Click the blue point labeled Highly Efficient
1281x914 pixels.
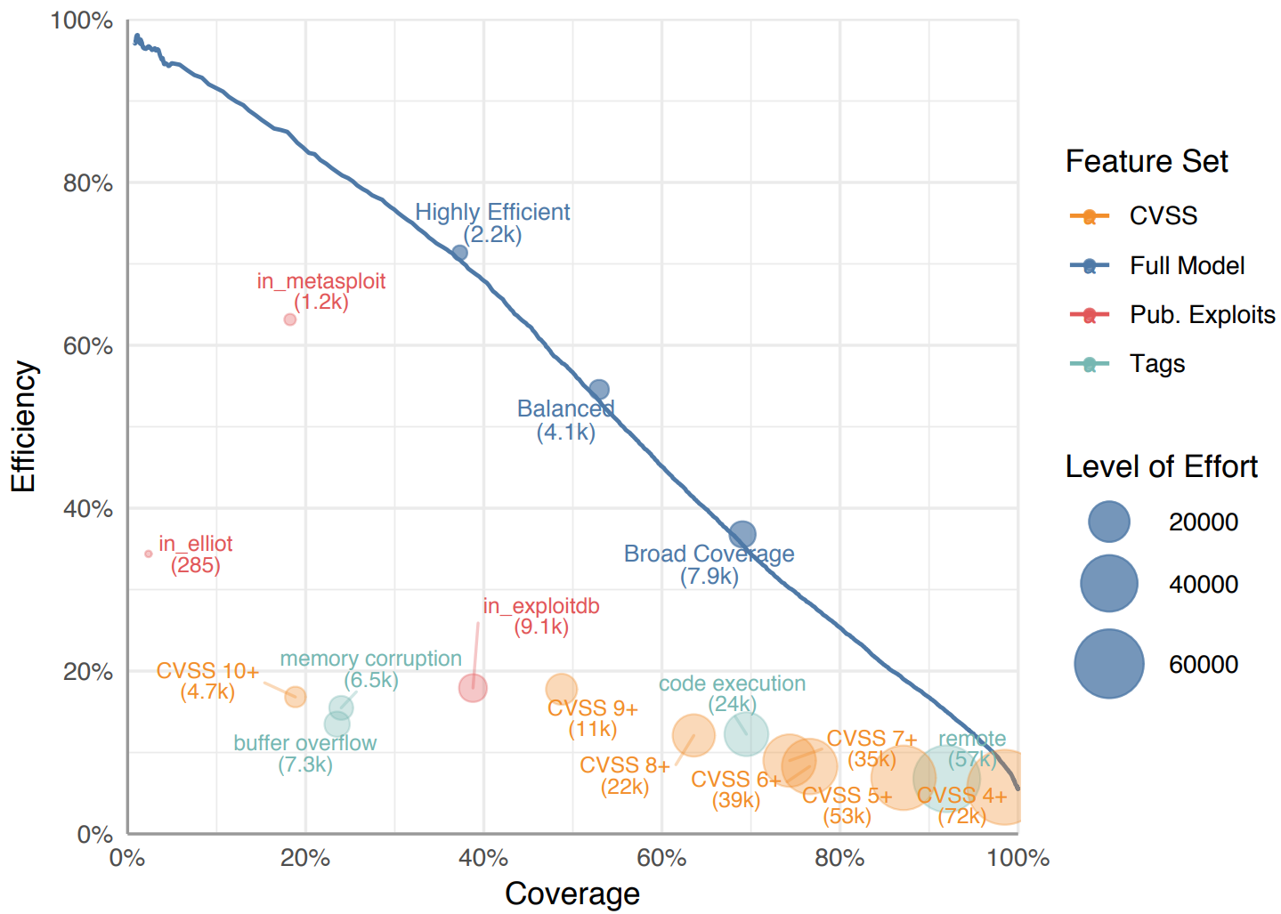coord(459,253)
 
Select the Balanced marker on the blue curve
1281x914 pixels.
coord(599,390)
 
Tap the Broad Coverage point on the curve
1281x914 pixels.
coord(742,534)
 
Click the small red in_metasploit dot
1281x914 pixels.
coord(289,319)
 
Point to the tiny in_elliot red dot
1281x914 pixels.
coord(149,554)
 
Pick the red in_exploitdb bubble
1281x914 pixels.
coord(473,688)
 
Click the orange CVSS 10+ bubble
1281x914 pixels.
coord(296,697)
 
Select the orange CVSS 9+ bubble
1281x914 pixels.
coord(561,688)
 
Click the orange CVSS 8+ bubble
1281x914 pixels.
coord(693,736)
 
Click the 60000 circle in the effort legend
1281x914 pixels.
coord(1108,664)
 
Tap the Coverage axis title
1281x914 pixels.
coord(572,894)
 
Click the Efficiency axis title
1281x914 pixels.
coord(24,426)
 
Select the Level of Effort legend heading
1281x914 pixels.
coord(1161,466)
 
